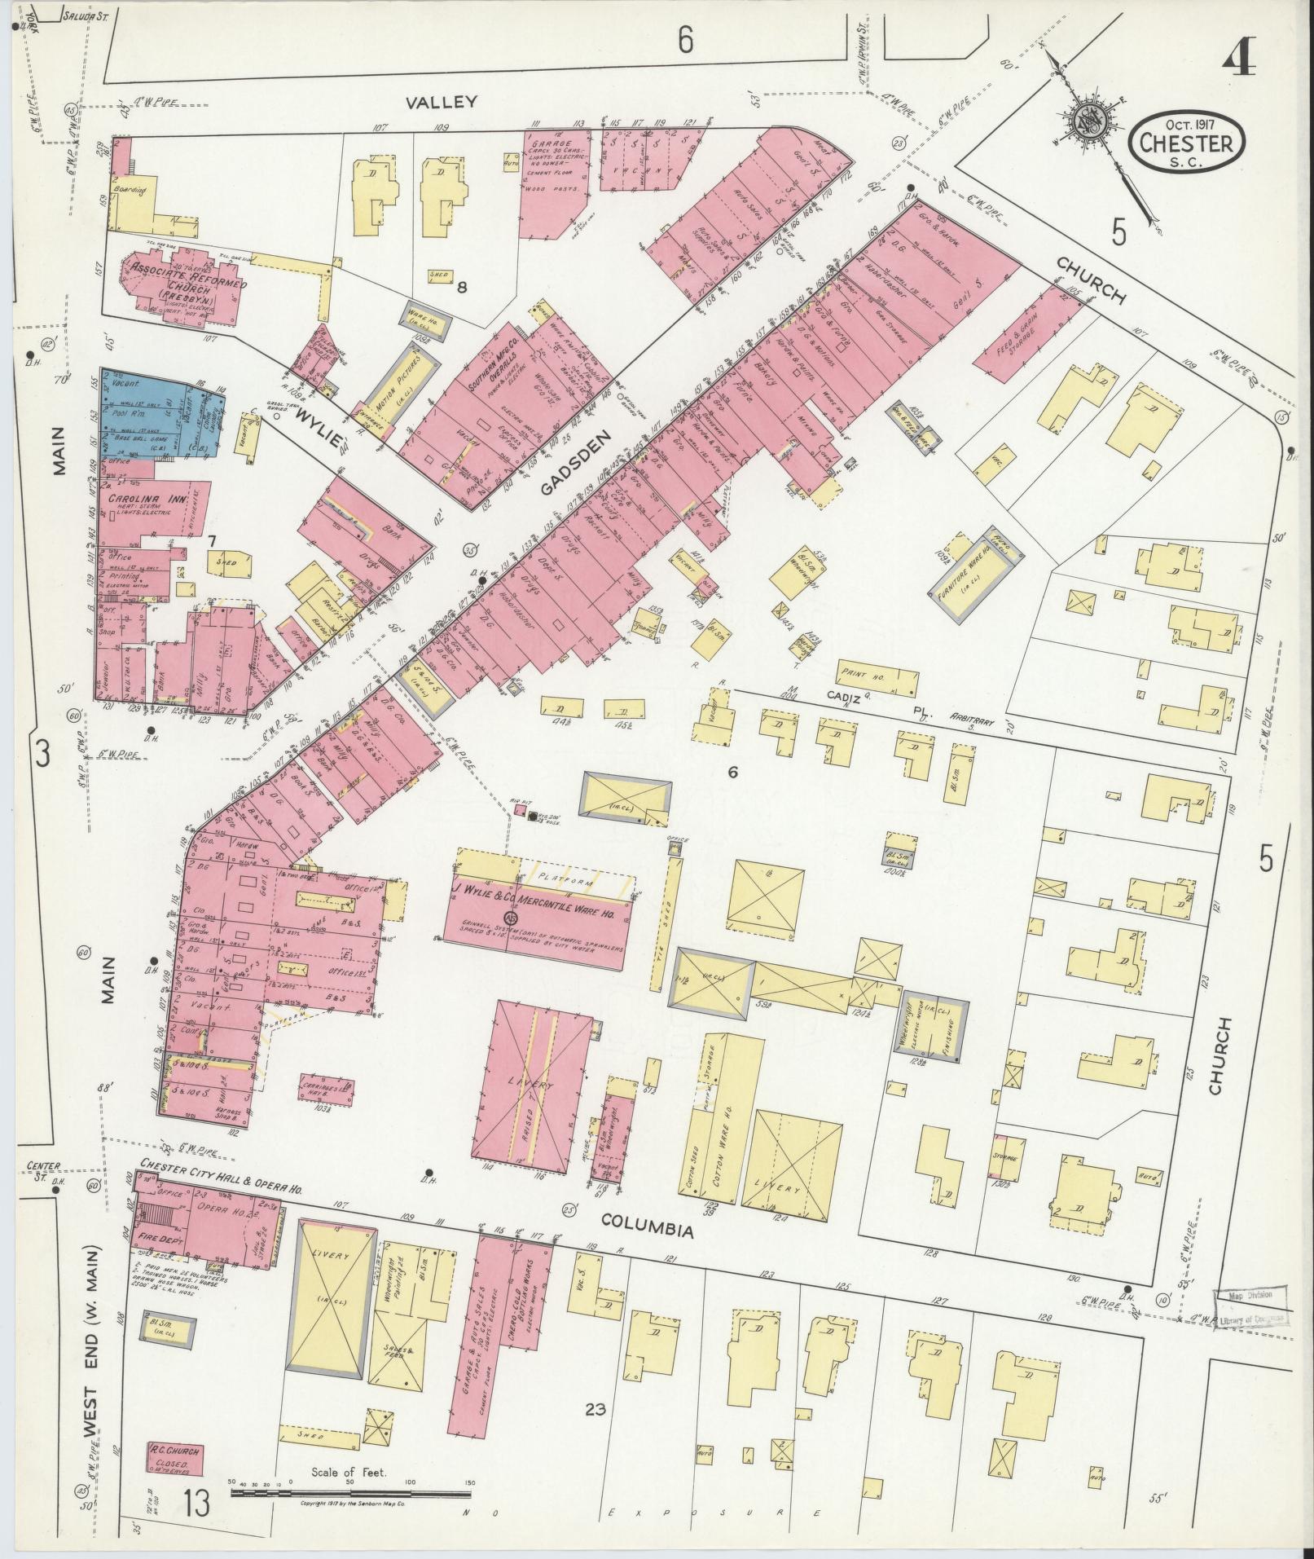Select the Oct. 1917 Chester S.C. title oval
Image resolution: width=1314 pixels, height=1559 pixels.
pos(1186,143)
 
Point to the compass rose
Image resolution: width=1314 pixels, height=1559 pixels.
pos(1088,122)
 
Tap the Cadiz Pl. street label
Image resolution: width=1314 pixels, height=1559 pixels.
pos(880,703)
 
